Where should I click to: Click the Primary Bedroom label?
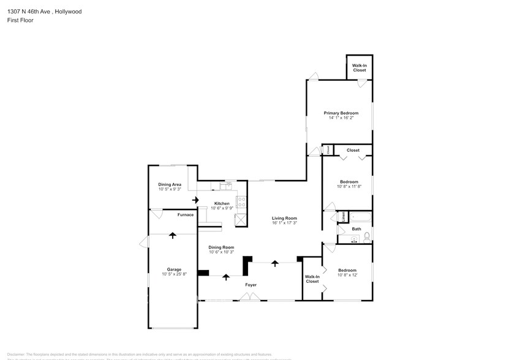click(341, 113)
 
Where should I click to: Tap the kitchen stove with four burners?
click(242, 200)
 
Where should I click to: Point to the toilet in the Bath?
click(366, 236)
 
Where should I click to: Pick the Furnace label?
click(186, 215)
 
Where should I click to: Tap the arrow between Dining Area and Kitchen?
click(195, 200)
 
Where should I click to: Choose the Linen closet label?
click(344, 216)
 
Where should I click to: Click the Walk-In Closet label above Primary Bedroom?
click(359, 68)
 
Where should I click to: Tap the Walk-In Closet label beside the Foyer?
click(312, 279)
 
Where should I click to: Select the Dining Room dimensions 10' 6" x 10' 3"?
click(221, 252)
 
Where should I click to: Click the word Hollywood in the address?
click(67, 11)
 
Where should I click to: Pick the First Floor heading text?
click(20, 20)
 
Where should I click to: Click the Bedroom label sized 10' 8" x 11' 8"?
click(349, 182)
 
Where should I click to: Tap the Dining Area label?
click(170, 185)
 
